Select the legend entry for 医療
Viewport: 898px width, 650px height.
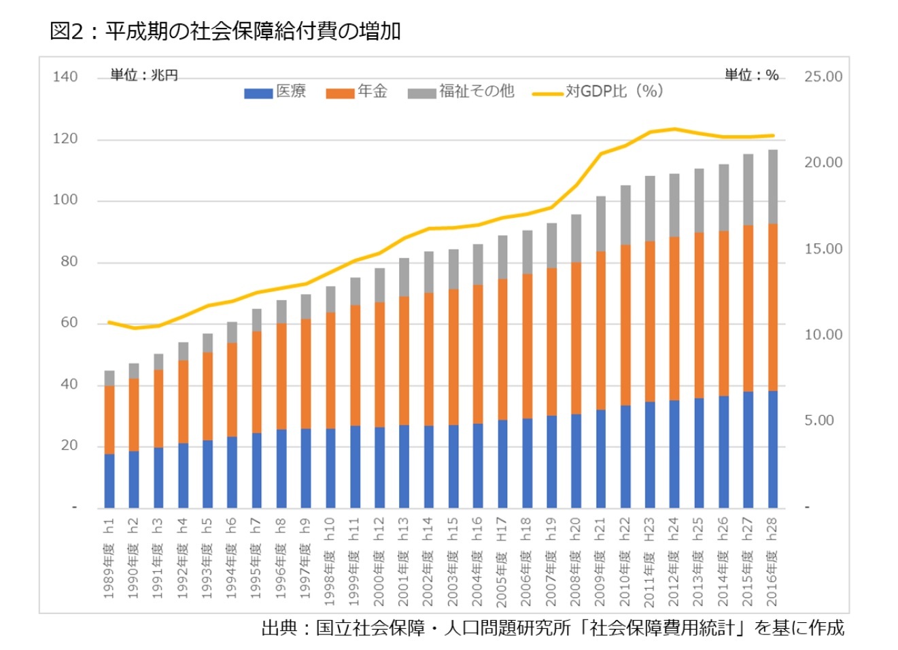point(275,92)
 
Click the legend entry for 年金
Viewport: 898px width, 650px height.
point(357,92)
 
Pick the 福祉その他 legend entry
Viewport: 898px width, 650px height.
point(462,92)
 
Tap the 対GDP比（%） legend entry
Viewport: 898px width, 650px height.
point(598,92)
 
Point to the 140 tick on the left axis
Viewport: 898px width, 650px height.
point(65,77)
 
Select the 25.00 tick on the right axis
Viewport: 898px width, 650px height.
point(823,77)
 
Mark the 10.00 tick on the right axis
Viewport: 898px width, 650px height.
point(823,335)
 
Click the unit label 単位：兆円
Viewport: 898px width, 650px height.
point(144,75)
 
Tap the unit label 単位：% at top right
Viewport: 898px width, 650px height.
point(751,75)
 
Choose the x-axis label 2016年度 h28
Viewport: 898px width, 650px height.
point(772,561)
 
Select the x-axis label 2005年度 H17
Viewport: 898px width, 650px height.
point(502,561)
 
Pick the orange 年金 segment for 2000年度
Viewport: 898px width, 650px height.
point(379,365)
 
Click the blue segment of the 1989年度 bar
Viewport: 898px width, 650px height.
point(109,481)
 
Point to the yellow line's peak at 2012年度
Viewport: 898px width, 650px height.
point(674,128)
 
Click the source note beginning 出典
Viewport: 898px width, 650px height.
point(553,628)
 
